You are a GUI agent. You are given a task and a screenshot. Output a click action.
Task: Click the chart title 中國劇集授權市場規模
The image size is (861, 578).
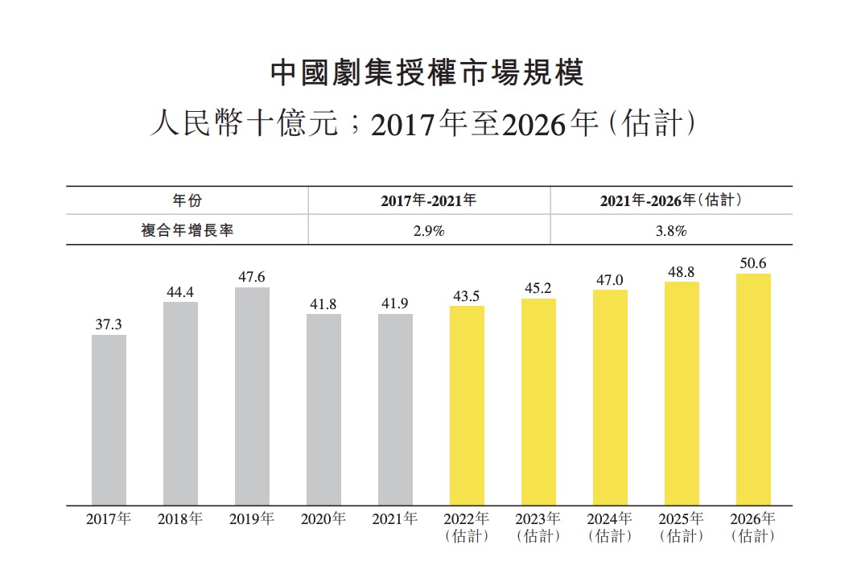click(x=427, y=72)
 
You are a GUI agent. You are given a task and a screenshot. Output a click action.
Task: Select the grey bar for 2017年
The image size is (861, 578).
click(x=109, y=420)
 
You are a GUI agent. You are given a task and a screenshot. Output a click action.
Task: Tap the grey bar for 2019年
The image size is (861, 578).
click(x=252, y=396)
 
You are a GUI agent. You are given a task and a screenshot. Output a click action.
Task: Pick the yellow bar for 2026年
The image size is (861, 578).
click(x=753, y=390)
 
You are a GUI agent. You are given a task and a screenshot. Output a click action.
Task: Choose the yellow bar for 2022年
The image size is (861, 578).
click(x=467, y=406)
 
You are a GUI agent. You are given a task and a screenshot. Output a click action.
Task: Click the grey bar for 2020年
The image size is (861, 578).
click(x=323, y=410)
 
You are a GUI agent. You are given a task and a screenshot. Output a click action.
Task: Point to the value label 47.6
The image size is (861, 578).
click(x=252, y=277)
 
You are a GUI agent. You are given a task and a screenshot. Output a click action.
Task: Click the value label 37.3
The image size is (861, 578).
click(x=109, y=324)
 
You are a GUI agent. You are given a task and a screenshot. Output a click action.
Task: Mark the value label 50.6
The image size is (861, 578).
click(x=753, y=263)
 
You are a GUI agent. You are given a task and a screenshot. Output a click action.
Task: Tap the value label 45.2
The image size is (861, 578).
click(x=538, y=288)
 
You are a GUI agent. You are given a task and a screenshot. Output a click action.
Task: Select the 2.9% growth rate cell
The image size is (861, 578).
click(x=429, y=230)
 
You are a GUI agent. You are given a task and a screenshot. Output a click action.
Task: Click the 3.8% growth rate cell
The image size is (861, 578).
click(x=670, y=230)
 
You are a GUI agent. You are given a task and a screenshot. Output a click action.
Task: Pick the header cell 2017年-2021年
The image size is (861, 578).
click(x=429, y=200)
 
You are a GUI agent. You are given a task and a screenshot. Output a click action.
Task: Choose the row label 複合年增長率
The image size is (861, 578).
click(x=187, y=230)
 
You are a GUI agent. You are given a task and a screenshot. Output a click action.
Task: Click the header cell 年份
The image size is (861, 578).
click(x=187, y=200)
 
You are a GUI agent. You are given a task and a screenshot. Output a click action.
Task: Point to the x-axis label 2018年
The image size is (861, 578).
click(x=180, y=519)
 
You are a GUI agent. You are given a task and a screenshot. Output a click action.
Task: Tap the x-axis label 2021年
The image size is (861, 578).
click(x=395, y=519)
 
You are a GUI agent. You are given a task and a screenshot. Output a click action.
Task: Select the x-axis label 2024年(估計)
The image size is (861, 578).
click(x=610, y=527)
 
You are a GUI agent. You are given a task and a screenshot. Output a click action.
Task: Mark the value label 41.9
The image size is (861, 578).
click(x=395, y=303)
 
